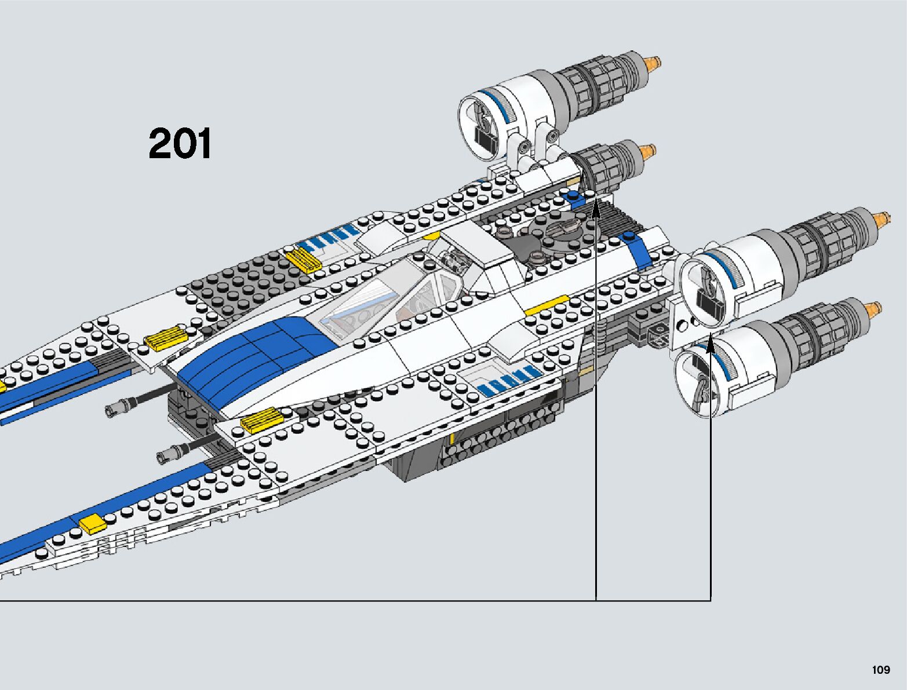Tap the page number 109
[880, 670]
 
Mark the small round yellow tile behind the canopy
[432, 236]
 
